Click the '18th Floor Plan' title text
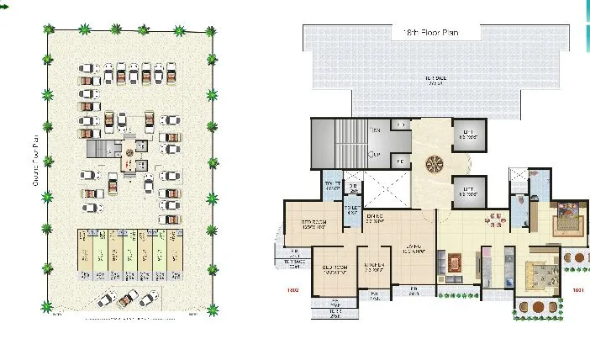[x=435, y=32]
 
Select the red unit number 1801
[x=578, y=292]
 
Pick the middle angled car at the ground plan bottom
[x=128, y=299]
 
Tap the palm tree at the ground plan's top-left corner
[x=50, y=31]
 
